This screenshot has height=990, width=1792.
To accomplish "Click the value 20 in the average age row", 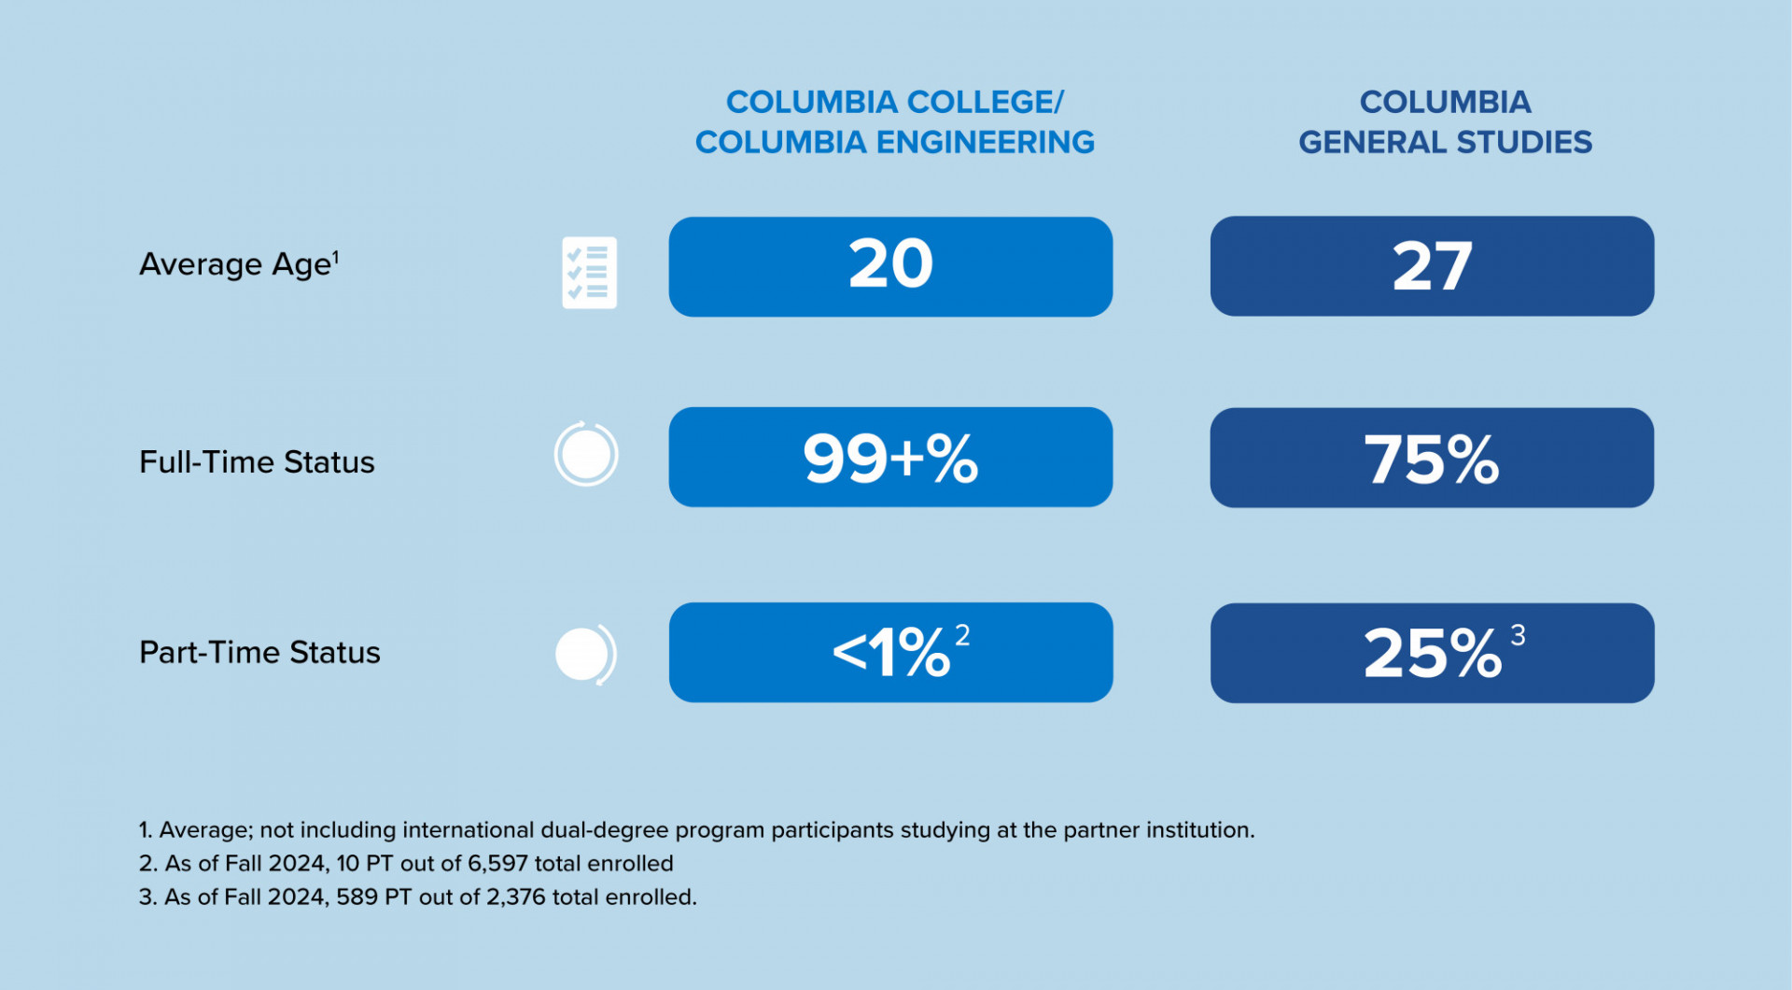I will [x=890, y=265].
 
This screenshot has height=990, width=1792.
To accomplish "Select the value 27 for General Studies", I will [x=1432, y=267].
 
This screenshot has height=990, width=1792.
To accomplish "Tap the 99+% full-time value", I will [x=890, y=459].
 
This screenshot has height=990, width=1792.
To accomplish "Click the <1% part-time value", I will [x=891, y=652].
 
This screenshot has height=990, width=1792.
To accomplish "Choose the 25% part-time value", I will [x=1432, y=653].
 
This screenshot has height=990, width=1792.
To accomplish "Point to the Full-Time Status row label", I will [x=257, y=462].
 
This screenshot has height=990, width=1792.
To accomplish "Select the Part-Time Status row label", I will [x=259, y=652].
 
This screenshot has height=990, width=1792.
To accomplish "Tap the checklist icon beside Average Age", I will [x=589, y=273].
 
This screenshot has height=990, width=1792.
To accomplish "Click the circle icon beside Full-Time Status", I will [x=586, y=455].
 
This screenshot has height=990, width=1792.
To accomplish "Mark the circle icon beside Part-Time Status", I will [x=585, y=654].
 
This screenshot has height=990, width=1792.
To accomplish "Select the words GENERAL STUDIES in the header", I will [x=1445, y=142].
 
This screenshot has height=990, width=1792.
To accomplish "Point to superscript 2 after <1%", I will [x=962, y=636].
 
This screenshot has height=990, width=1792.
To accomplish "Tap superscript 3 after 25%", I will [x=1518, y=636].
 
